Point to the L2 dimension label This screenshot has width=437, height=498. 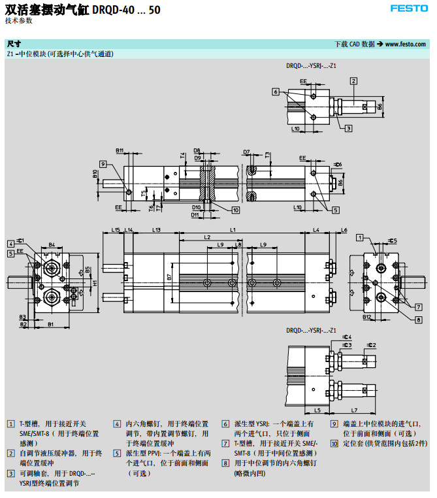(x=207, y=237)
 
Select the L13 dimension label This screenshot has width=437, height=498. (x=156, y=229)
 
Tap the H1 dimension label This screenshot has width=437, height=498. (x=95, y=283)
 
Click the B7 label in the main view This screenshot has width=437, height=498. (x=169, y=278)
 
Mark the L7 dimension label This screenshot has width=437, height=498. (x=353, y=410)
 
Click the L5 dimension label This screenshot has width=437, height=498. (x=317, y=410)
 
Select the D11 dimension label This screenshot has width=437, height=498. (x=195, y=214)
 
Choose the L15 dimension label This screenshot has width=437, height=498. (x=115, y=229)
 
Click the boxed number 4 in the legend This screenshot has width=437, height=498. (x=117, y=423)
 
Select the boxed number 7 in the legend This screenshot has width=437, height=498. (x=225, y=443)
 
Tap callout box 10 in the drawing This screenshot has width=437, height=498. (x=235, y=210)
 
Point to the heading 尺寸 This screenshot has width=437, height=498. (x=12, y=44)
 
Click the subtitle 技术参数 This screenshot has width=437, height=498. (x=18, y=20)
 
